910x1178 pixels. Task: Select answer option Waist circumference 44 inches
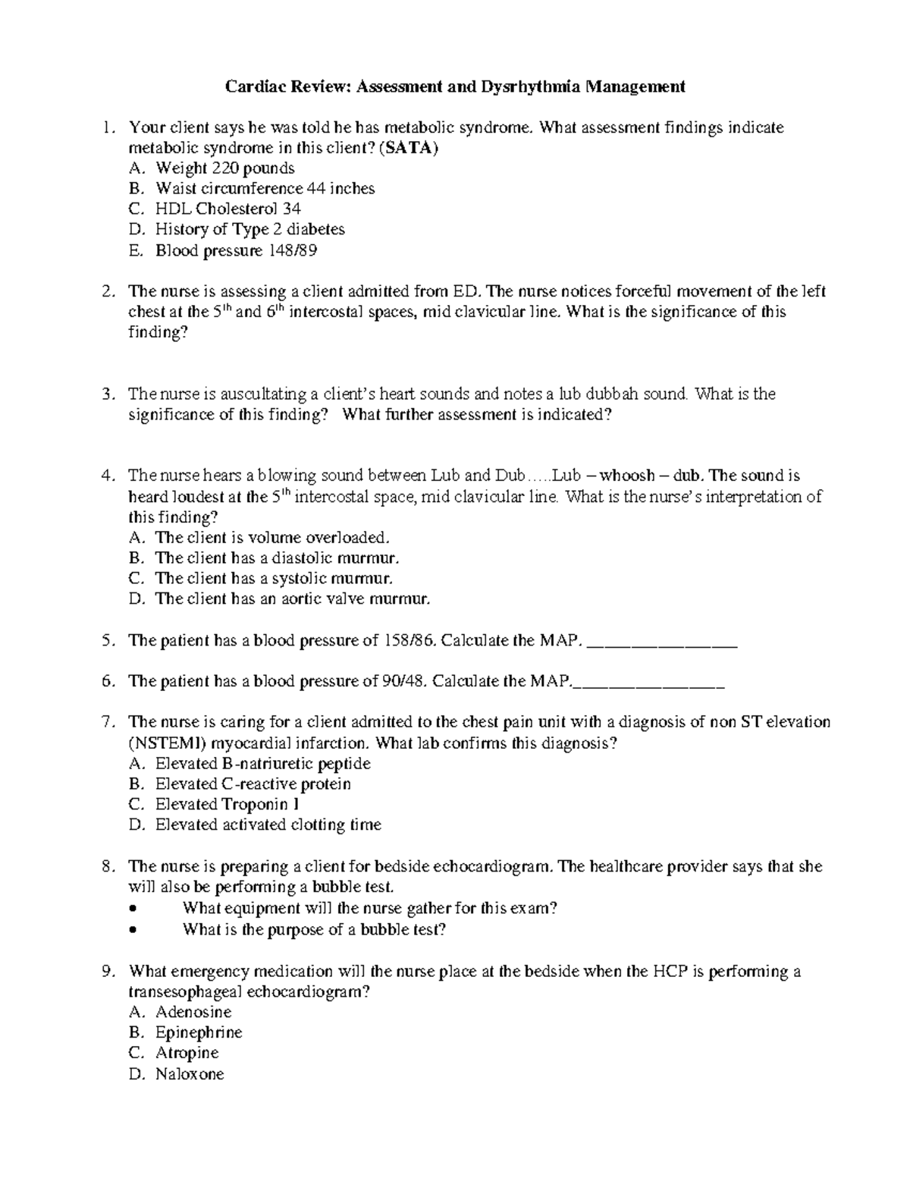click(x=265, y=188)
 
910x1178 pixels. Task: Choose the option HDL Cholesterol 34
click(x=227, y=209)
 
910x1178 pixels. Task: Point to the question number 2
click(x=108, y=291)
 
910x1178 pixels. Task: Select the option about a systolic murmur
click(x=274, y=578)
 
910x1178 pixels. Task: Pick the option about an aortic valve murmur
click(x=292, y=598)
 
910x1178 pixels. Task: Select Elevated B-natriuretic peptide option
click(x=262, y=763)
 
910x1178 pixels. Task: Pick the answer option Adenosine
click(x=193, y=1012)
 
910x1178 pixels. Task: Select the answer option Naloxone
click(x=190, y=1073)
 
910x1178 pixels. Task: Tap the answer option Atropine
click(x=187, y=1053)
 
